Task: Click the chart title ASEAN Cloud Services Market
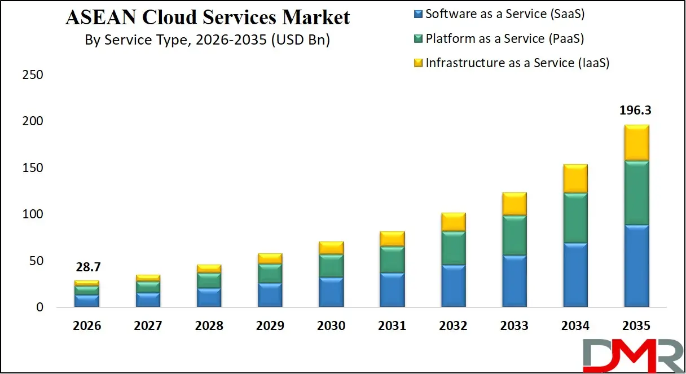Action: (x=208, y=17)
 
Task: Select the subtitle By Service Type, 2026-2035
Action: (x=207, y=40)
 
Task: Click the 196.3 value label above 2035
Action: (x=636, y=111)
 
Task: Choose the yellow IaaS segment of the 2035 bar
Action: (x=636, y=143)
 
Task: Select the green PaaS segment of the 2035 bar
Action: (x=636, y=193)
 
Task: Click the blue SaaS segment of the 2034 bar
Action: (x=575, y=275)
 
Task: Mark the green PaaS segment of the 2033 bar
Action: (x=514, y=235)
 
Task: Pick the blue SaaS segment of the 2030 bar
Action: (x=331, y=292)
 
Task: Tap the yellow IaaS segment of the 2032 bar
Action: (x=453, y=222)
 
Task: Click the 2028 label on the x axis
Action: (x=209, y=326)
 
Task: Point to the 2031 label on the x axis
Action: (x=392, y=326)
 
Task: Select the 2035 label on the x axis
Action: (x=636, y=326)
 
